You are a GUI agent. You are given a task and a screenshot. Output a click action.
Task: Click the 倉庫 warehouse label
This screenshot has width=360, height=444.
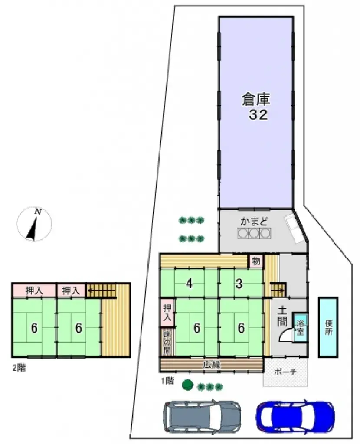coord(256,100)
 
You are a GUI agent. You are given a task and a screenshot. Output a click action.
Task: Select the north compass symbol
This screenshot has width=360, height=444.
coord(34,225)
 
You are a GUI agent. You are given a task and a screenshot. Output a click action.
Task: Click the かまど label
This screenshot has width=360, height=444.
coord(254,222)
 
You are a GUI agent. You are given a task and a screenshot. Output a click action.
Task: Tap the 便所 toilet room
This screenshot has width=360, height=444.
coord(328,327)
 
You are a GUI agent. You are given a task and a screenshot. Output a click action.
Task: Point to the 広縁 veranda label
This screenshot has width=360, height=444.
coord(212,365)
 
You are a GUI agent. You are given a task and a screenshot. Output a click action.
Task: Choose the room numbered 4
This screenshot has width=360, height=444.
coord(189,284)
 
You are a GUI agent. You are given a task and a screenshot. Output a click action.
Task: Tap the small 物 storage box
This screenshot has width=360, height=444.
coord(256,261)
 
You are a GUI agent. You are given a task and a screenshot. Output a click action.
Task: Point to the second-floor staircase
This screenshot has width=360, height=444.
coord(101,290)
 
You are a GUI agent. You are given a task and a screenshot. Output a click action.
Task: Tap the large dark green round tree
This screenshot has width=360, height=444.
coord(187,385)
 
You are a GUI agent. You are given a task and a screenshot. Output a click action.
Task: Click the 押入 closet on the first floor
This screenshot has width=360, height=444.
coord(167,312)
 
